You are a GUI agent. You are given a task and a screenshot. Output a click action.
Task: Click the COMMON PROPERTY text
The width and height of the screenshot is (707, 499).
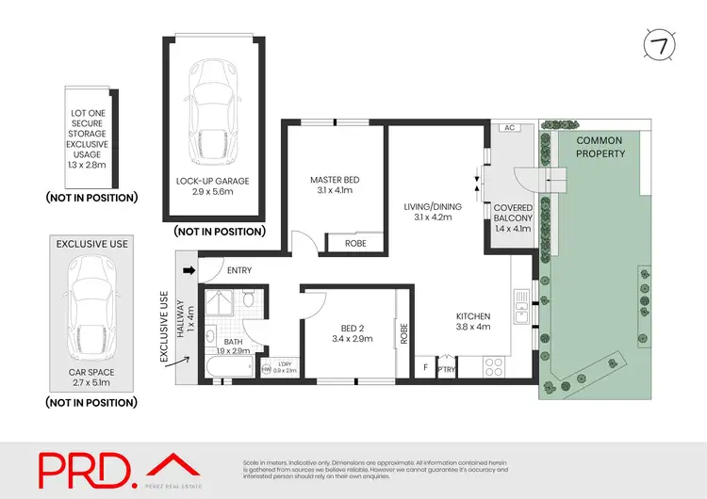(x=600, y=147)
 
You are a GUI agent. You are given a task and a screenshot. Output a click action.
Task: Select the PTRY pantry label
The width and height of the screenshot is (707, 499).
(x=446, y=370)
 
